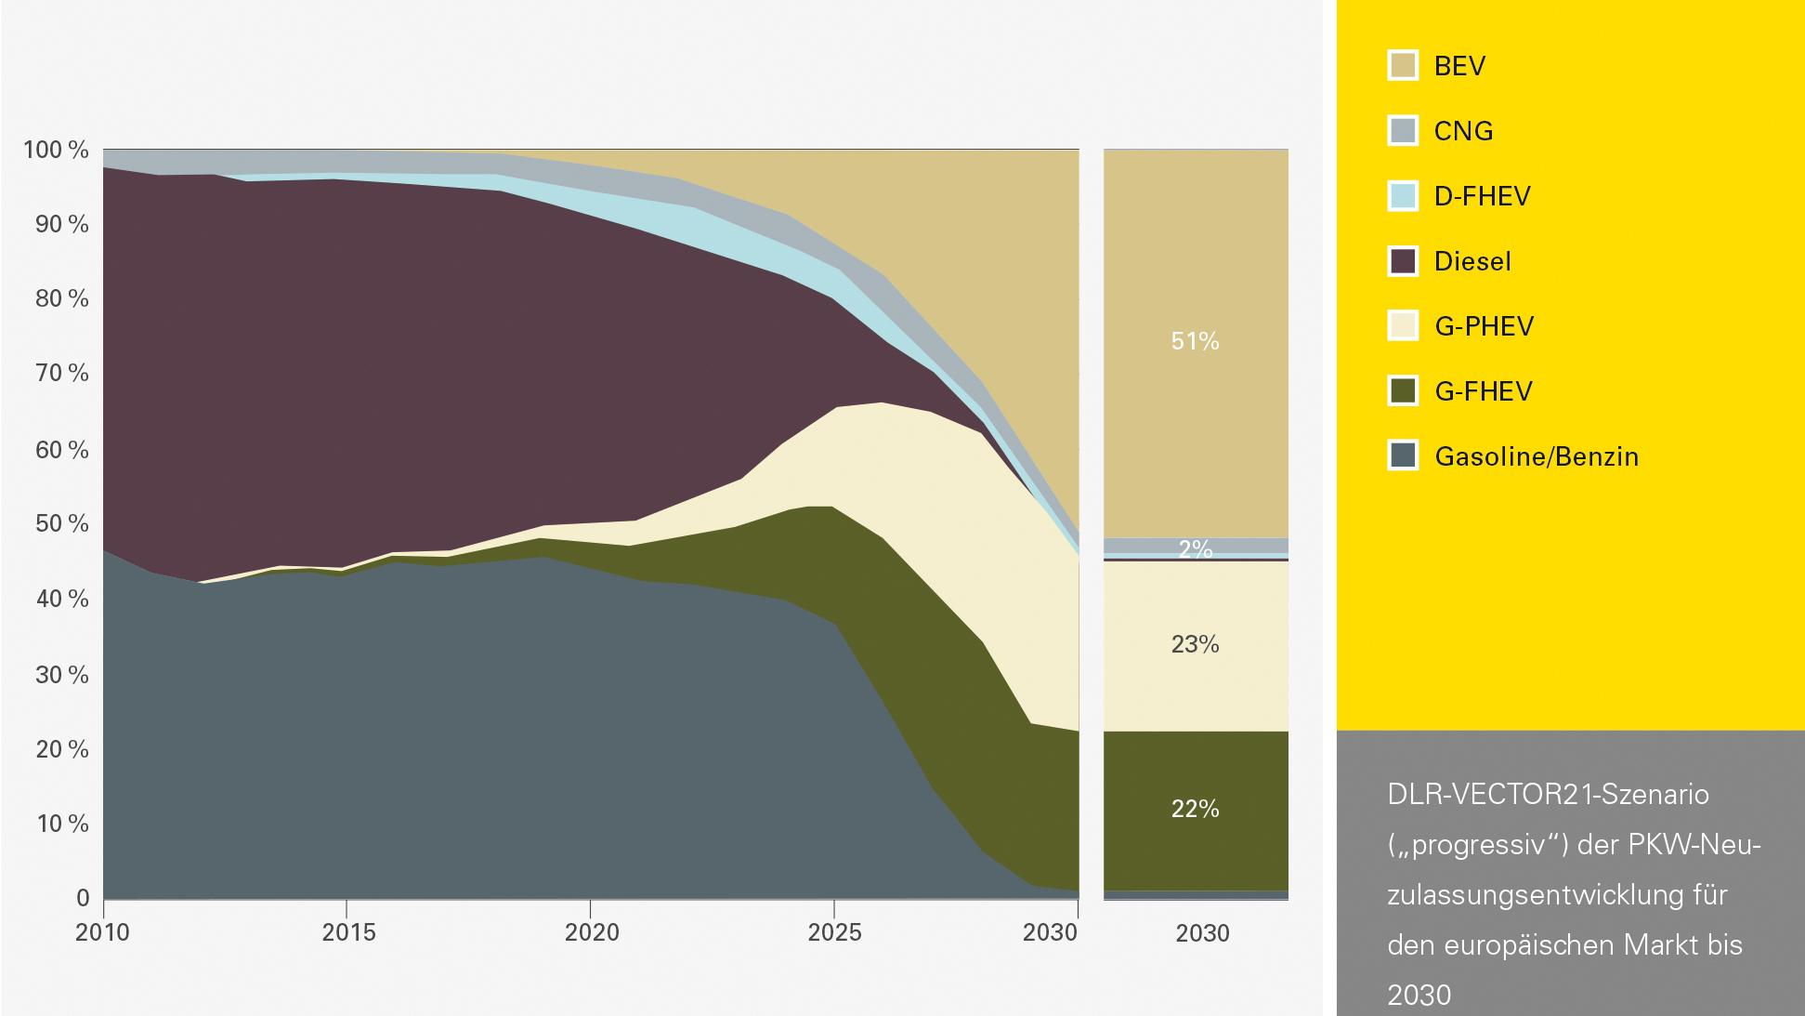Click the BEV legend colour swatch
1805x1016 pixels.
1403,66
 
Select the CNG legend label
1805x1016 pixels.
1463,131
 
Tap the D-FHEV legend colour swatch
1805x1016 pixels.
1403,196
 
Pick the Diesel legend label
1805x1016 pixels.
1472,261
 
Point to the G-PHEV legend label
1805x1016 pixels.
1484,326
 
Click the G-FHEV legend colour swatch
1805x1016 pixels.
1403,391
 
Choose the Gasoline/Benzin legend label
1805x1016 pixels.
1537,456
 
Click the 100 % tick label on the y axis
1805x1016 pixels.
56,150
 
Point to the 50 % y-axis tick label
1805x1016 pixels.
61,523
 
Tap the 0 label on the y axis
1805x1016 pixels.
83,898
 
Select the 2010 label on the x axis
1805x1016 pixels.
102,932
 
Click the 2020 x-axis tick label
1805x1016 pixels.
591,932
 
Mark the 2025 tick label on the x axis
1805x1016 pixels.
834,932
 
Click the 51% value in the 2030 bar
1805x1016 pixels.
1195,341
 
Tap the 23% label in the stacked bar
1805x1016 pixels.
1195,644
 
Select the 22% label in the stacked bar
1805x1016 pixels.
1195,809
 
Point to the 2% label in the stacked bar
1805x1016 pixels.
1195,549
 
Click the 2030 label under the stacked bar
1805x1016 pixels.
1202,933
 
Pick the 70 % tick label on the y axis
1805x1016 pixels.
61,374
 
